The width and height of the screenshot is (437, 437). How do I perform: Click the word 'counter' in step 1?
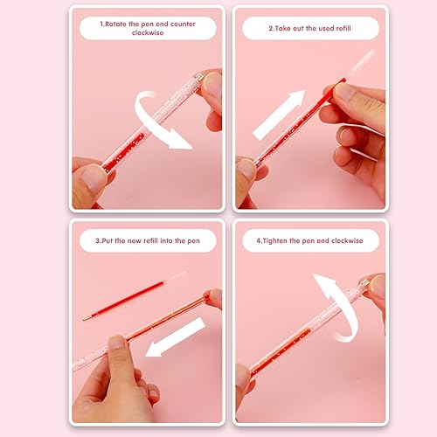coord(183,24)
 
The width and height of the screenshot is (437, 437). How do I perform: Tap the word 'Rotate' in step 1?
coord(115,24)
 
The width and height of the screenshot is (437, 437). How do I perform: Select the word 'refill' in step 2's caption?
coord(343,28)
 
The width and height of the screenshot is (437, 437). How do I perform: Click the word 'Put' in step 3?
coord(108,240)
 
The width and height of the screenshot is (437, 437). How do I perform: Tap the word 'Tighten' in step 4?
coord(275,240)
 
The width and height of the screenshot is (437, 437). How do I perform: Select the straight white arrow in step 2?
coord(279,114)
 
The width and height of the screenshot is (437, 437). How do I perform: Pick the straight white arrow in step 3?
coord(176,337)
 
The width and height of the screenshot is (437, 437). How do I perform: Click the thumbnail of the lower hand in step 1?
coord(92,178)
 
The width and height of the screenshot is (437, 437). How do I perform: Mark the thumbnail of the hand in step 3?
coord(117,343)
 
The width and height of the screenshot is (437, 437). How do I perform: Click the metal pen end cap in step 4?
coord(364,284)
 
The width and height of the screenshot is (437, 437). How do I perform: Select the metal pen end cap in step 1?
coord(198,78)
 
